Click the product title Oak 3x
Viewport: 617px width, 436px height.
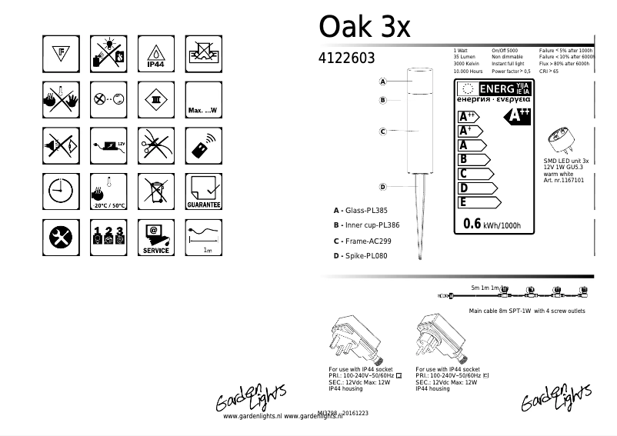pyautogui.click(x=365, y=27)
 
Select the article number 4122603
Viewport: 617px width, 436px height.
pyautogui.click(x=346, y=58)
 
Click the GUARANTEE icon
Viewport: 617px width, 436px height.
pyautogui.click(x=204, y=191)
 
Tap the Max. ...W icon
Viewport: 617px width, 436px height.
pyautogui.click(x=204, y=99)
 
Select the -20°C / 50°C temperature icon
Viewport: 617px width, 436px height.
pyautogui.click(x=107, y=191)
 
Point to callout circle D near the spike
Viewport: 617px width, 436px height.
pyautogui.click(x=382, y=187)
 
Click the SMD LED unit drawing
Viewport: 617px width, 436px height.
pyautogui.click(x=562, y=141)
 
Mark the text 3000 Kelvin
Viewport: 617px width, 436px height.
pyautogui.click(x=468, y=64)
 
